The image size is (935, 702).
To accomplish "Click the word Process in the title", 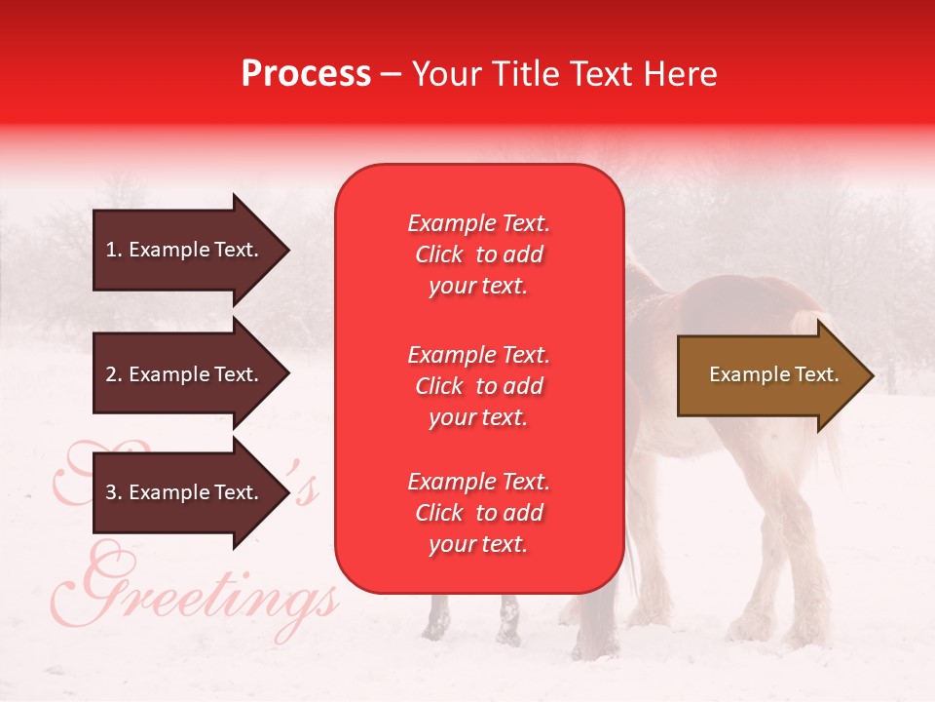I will click(x=306, y=74).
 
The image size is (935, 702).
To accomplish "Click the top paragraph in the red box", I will click(x=478, y=254).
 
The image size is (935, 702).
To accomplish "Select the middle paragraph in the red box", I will click(x=478, y=386).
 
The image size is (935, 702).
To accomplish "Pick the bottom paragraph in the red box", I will click(x=478, y=513).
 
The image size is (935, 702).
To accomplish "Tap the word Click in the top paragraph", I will click(x=439, y=255).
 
